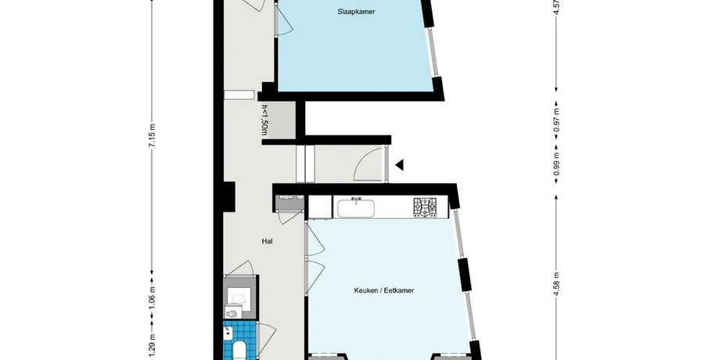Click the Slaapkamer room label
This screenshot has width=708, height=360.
(356, 12)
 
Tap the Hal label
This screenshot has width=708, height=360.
(267, 242)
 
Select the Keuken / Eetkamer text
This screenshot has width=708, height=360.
(384, 290)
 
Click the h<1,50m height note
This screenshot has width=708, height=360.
(264, 121)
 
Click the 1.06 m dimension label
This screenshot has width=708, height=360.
(153, 298)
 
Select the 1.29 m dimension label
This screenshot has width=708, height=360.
(153, 344)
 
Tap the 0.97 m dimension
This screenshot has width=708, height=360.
(556, 119)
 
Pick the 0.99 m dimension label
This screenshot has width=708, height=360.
(556, 164)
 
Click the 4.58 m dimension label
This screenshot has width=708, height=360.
(556, 283)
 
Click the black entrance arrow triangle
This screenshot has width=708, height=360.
(400, 165)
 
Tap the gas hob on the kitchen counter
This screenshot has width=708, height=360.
(425, 207)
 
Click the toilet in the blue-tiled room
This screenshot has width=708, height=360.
(239, 351)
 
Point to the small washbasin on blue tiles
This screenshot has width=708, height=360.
(227, 333)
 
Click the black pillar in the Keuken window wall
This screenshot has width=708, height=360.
(465, 274)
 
